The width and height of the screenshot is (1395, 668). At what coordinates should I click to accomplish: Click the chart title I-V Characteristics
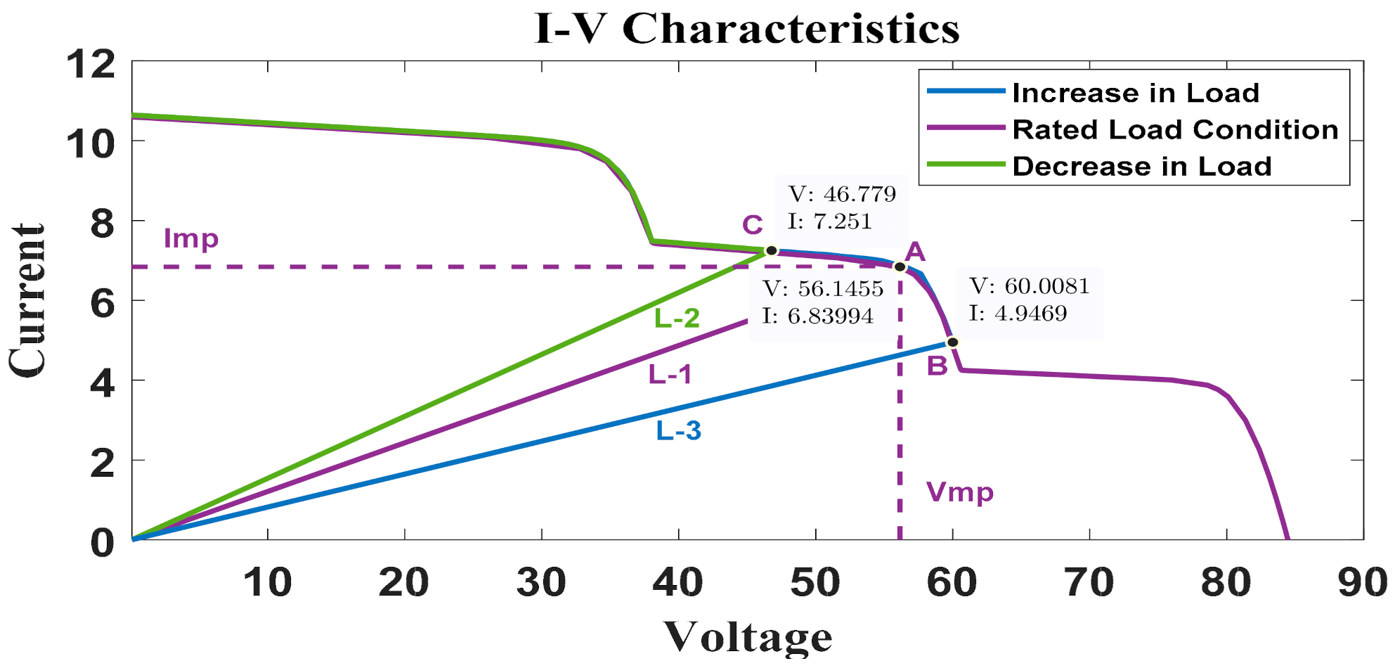(747, 30)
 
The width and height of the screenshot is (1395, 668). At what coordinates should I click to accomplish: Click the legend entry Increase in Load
(1135, 93)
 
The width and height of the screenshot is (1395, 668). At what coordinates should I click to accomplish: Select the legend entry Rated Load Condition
(1175, 129)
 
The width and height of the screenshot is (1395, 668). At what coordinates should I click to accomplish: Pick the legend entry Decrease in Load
(1141, 167)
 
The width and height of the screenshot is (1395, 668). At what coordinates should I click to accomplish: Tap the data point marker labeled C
(771, 250)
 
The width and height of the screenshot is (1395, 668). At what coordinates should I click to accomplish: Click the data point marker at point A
(900, 266)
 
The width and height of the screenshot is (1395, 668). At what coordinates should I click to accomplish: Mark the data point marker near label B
(952, 342)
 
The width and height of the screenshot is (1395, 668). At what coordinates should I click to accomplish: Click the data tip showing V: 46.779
(841, 207)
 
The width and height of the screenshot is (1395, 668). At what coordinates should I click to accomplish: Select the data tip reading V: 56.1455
(822, 302)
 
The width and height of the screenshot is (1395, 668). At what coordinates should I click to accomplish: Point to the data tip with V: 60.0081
(1029, 300)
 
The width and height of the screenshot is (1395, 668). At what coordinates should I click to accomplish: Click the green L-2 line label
(677, 319)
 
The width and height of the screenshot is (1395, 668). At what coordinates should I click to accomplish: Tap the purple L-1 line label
(670, 375)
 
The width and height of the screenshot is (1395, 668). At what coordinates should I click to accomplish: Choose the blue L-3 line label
(678, 430)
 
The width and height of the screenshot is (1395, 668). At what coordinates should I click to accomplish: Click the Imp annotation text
(190, 239)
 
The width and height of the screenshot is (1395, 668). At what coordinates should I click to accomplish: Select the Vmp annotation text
(959, 492)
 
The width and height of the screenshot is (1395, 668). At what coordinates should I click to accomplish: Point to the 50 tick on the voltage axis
(815, 583)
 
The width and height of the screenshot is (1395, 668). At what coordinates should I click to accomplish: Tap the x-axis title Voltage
(748, 637)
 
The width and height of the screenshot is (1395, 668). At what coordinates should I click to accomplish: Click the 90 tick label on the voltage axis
(1362, 583)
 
